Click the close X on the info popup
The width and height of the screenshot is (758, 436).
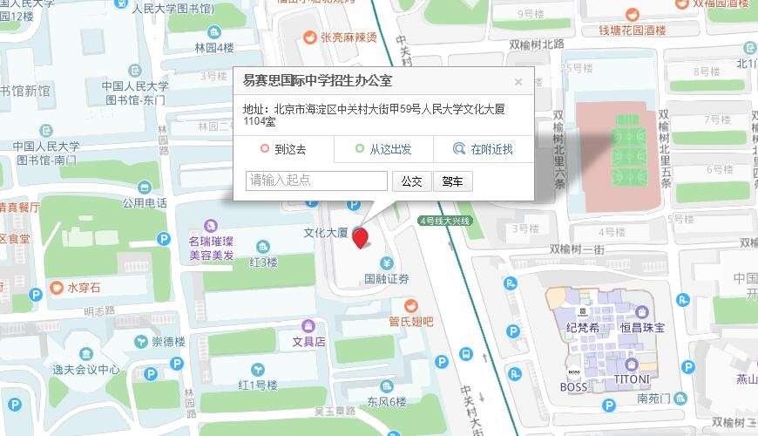pos(518,82)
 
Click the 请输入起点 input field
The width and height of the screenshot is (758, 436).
pos(317,181)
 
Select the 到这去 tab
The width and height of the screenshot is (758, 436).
pos(284,149)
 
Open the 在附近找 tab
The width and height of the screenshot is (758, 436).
pos(484,149)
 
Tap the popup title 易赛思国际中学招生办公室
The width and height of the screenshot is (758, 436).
pos(317,81)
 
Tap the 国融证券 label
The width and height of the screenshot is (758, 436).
pos(386,280)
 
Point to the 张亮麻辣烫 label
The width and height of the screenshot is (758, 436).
pos(349,37)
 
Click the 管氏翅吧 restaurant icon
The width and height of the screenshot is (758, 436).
pos(410,304)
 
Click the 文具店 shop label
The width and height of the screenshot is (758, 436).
pos(308,342)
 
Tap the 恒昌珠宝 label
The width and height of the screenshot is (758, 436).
pos(642,327)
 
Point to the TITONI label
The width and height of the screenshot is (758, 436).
pos(633,379)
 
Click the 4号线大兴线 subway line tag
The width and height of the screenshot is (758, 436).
pos(444,221)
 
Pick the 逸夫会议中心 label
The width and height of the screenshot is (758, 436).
pos(86,369)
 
